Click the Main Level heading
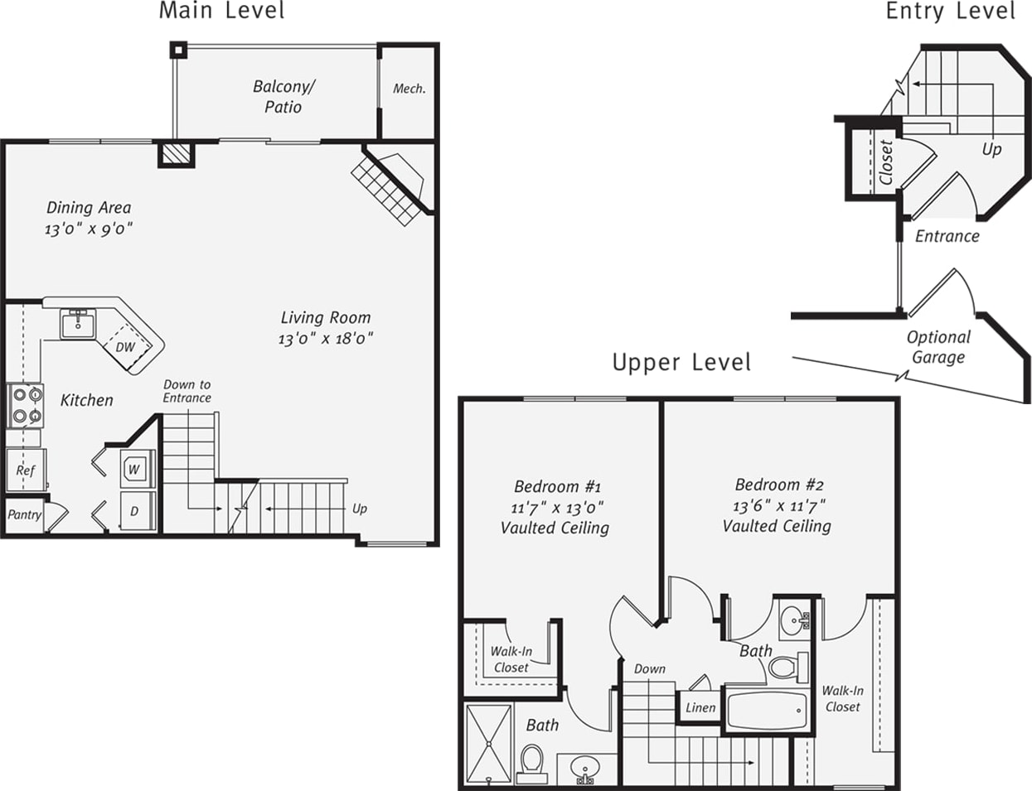click(x=221, y=12)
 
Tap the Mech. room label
click(x=409, y=89)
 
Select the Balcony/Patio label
click(x=283, y=97)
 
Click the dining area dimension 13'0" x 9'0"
click(x=89, y=229)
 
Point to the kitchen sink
click(x=78, y=322)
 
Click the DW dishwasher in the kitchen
click(x=125, y=347)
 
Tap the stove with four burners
click(x=25, y=405)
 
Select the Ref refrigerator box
click(x=26, y=470)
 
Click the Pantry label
click(x=24, y=514)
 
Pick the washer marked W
click(x=134, y=470)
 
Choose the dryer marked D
click(x=134, y=512)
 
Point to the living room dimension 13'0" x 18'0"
click(x=326, y=339)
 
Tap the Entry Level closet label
click(x=886, y=162)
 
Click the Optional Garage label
click(x=938, y=347)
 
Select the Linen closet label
click(x=700, y=707)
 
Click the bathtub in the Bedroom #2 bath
click(x=766, y=710)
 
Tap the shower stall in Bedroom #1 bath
click(x=489, y=743)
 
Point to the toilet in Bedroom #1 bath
click(x=531, y=763)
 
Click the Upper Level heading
click(x=681, y=363)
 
